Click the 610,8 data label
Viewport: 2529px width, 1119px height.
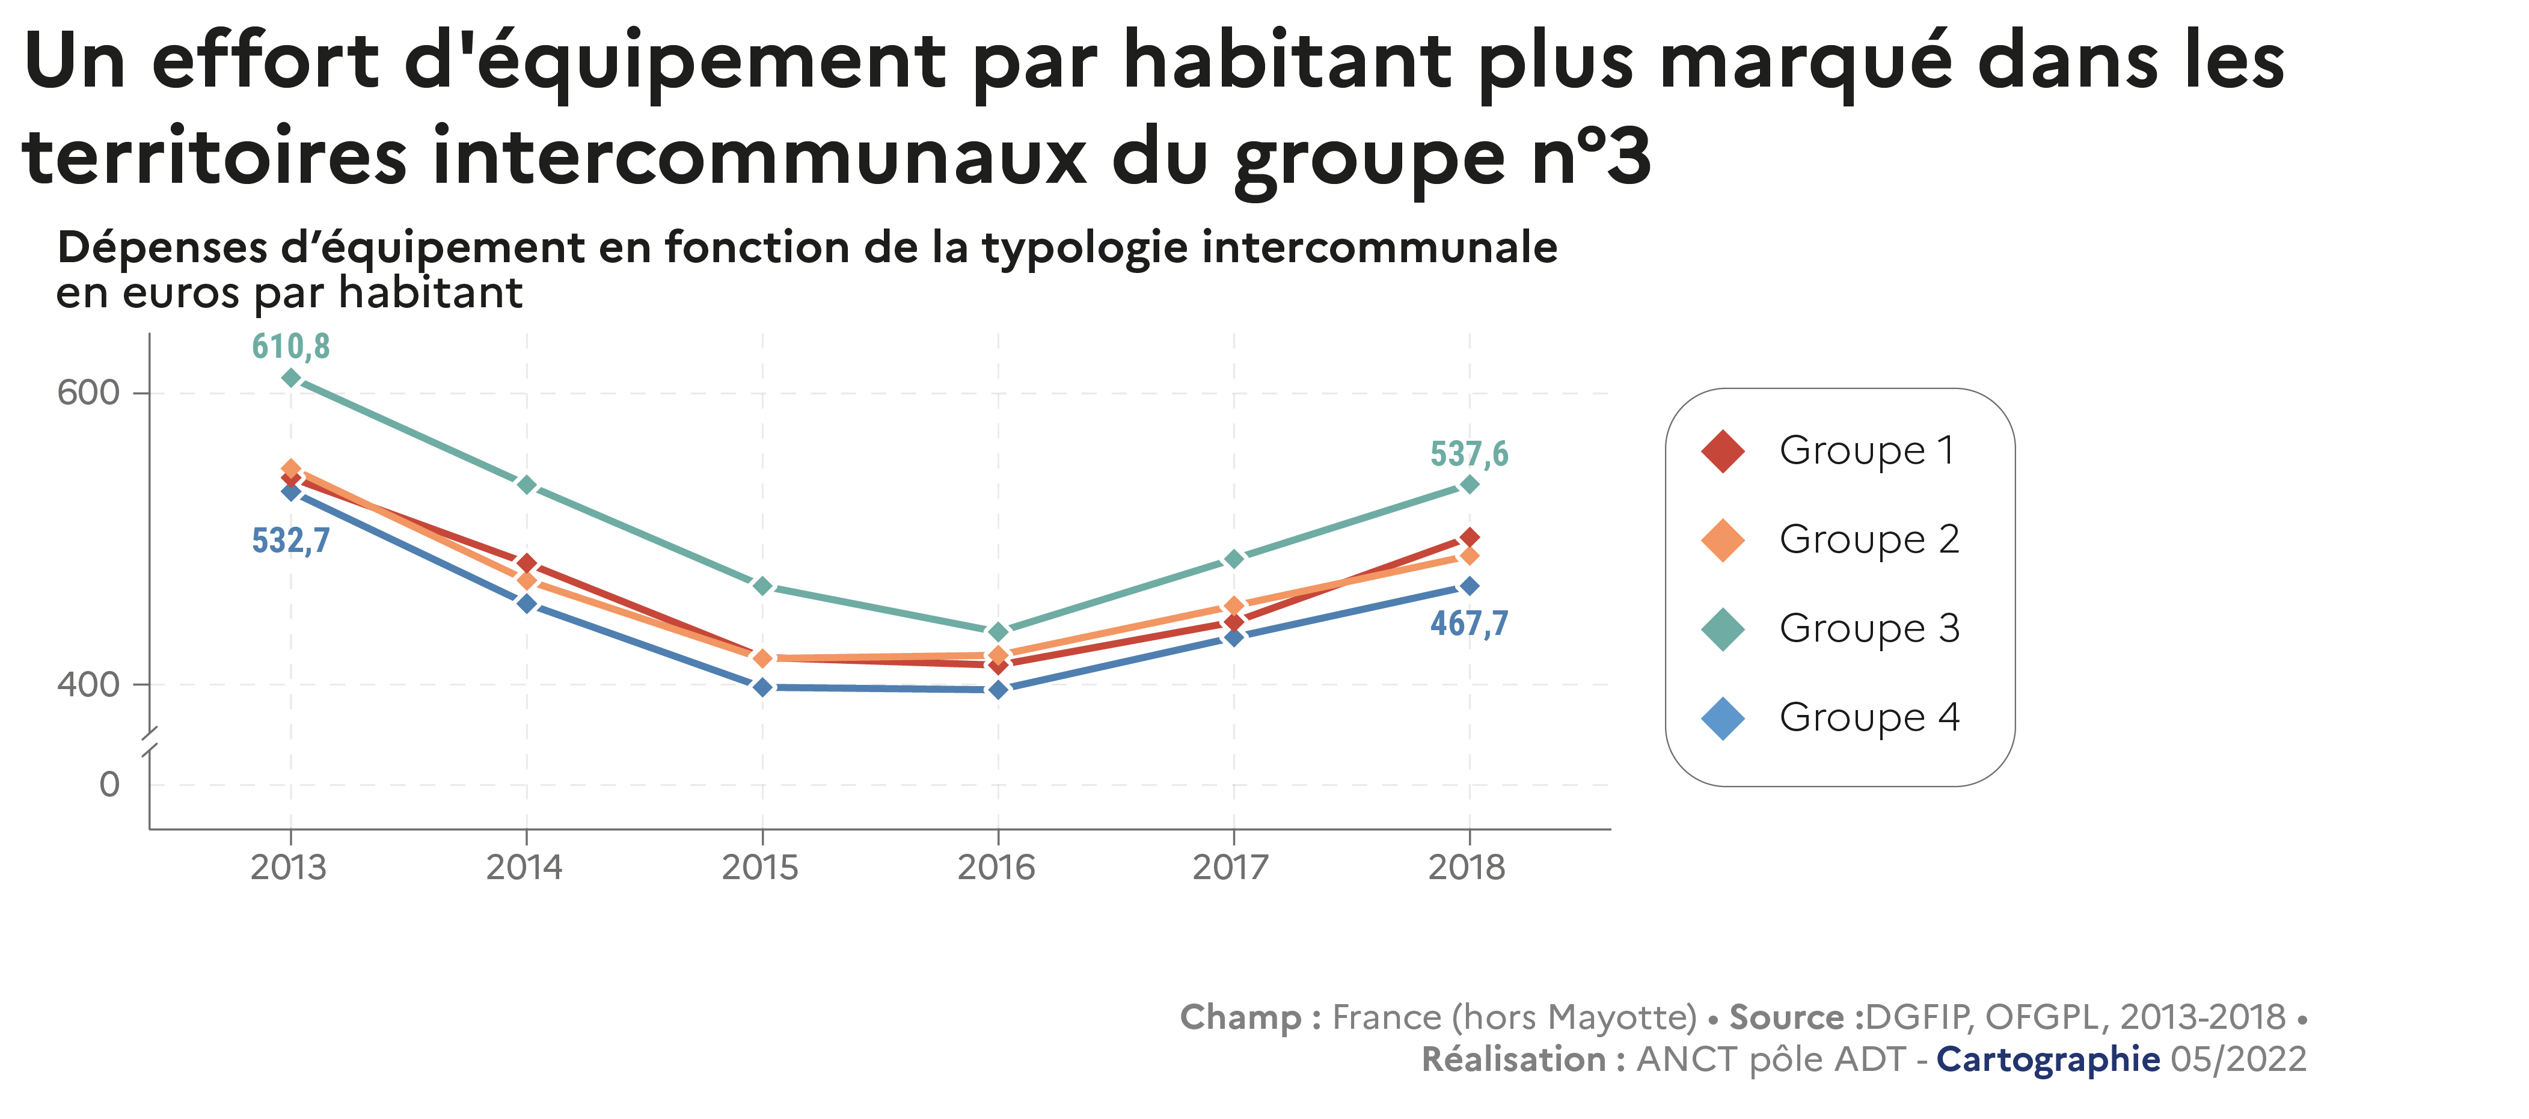(x=290, y=346)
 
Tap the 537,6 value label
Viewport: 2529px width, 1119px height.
(x=1469, y=455)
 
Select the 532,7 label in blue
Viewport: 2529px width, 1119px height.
(x=290, y=541)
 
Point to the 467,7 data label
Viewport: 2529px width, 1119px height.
(x=1469, y=624)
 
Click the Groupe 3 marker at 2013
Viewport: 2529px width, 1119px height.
(x=290, y=378)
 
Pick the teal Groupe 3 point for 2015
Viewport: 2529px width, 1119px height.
(x=762, y=586)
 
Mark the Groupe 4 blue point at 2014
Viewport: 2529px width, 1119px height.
(x=526, y=604)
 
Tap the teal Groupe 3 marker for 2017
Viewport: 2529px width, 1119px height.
(x=1234, y=559)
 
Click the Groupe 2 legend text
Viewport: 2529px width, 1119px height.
(x=1869, y=539)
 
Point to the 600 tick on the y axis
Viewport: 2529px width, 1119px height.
(x=88, y=393)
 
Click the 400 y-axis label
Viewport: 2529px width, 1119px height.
(x=88, y=684)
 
